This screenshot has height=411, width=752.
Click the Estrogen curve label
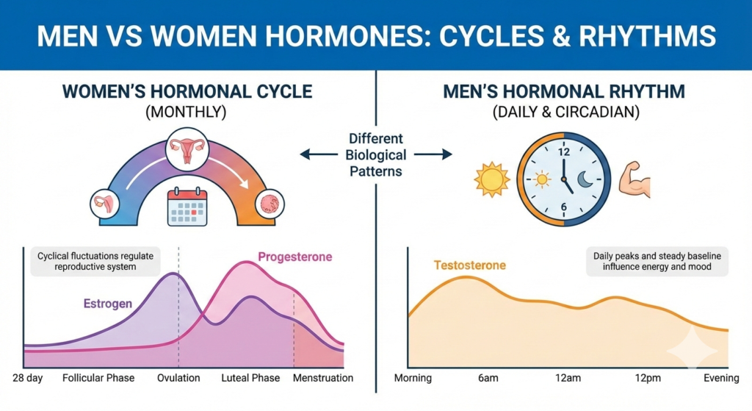pos(107,304)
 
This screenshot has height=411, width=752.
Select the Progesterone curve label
pos(295,257)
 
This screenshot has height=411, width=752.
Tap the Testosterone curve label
pos(469,265)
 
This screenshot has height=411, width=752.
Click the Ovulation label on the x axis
pos(178,378)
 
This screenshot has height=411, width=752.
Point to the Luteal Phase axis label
pos(250,378)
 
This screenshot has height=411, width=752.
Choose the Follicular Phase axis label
pos(98,378)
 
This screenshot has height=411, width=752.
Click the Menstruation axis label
pos(323,378)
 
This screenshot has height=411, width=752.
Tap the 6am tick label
pos(488,378)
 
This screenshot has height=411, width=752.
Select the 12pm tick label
pos(648,378)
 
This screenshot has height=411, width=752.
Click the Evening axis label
pos(721,378)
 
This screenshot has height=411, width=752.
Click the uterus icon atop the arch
pos(187,149)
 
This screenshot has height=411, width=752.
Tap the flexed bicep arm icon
pos(634,179)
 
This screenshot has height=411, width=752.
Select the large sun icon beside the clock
pos(491,179)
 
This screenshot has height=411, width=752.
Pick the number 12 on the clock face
pos(563,151)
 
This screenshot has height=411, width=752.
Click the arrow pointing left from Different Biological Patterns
pos(319,154)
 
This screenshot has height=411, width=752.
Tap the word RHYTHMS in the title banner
pos(647,36)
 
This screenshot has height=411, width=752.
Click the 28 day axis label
pos(27,378)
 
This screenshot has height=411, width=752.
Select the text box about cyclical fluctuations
pos(95,261)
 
